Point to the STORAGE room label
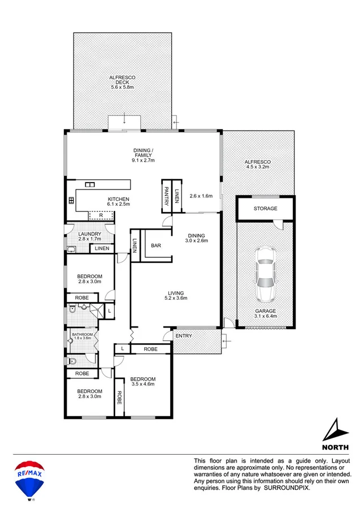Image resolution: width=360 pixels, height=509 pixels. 265,209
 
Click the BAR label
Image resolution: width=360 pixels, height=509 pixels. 157,245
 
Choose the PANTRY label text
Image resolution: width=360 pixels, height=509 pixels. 167,196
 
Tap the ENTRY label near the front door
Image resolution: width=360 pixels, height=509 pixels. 183,336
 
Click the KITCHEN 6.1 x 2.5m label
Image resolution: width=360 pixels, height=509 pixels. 119,201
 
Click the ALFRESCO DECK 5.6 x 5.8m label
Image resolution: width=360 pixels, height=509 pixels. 122,82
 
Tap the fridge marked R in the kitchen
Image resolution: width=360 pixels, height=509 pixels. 101,215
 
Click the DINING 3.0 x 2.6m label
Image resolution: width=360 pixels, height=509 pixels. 197,238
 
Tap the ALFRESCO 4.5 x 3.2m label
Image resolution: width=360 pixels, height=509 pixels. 257,165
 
